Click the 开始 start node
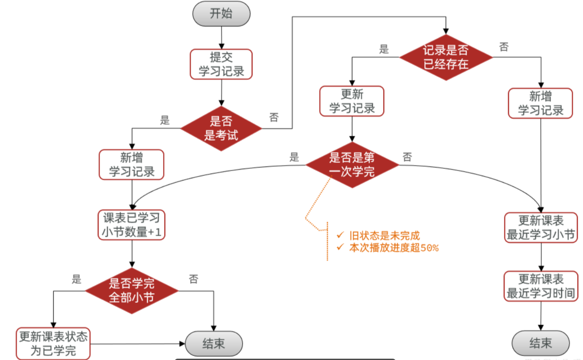pyautogui.click(x=221, y=14)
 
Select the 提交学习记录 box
pyautogui.click(x=221, y=64)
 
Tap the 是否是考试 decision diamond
pyautogui.click(x=221, y=129)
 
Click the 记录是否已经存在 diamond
pyautogui.click(x=446, y=57)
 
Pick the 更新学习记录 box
pyautogui.click(x=352, y=101)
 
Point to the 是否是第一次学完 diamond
pyautogui.click(x=352, y=165)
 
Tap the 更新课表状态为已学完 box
pyautogui.click(x=53, y=343)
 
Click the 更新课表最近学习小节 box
pyautogui.click(x=541, y=228)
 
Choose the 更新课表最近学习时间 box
pyautogui.click(x=541, y=286)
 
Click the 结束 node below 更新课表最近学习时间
pyautogui.click(x=541, y=343)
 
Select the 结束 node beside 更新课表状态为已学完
pyautogui.click(x=214, y=343)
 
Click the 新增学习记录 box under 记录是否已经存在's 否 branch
pyautogui.click(x=541, y=103)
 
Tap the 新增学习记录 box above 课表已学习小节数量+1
pyautogui.click(x=132, y=165)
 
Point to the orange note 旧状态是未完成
pyautogui.click(x=384, y=236)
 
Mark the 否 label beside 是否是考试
pyautogui.click(x=274, y=117)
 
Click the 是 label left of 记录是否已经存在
pyautogui.click(x=384, y=49)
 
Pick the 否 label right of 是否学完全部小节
pyautogui.click(x=194, y=279)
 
